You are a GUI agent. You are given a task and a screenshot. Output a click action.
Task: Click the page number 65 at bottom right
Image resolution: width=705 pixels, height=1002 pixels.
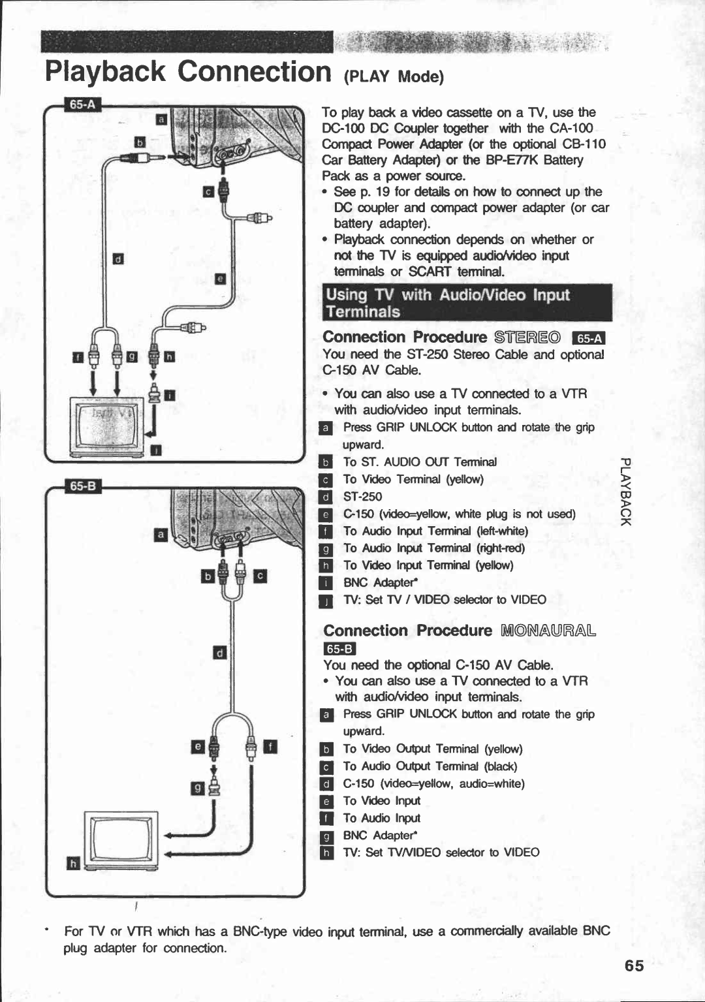(633, 965)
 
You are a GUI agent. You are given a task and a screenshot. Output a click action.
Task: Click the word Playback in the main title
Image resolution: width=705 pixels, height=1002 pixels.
(106, 72)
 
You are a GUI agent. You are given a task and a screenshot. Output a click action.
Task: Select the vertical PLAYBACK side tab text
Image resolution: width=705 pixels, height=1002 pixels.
(625, 492)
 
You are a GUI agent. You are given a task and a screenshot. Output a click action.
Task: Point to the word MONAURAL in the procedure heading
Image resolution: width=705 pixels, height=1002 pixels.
(548, 631)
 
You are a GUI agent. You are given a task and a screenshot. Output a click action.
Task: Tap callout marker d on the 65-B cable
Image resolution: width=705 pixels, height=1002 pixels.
(220, 652)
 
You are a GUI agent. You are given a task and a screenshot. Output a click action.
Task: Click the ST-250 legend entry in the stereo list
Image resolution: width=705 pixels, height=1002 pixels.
(362, 497)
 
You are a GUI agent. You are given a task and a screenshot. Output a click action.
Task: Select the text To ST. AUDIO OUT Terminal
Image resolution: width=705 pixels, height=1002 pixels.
(420, 462)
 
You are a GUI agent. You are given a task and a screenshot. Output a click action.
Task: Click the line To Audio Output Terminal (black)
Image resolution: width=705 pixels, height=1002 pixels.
(430, 766)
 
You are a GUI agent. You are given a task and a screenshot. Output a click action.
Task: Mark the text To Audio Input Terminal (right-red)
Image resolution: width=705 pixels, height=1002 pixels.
(433, 548)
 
